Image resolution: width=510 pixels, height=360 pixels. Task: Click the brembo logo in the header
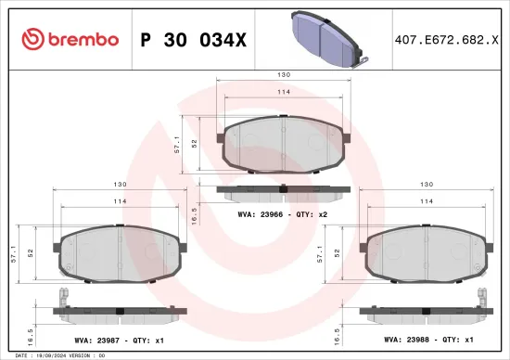point(70,39)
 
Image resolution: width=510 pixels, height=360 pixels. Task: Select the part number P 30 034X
point(192,40)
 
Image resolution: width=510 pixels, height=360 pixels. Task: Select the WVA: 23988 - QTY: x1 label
point(428,340)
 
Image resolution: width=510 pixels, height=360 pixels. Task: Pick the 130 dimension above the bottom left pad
point(118,184)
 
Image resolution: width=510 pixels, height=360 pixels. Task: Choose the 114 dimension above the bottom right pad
point(427,201)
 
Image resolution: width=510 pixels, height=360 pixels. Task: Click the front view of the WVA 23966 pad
point(284,144)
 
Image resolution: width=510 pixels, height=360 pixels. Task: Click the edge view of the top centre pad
point(284,192)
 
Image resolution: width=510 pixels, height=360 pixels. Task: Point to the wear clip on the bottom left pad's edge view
point(63,299)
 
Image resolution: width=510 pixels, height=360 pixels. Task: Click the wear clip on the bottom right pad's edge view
point(484,299)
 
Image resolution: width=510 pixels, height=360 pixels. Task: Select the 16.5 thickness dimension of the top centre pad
point(194,214)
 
